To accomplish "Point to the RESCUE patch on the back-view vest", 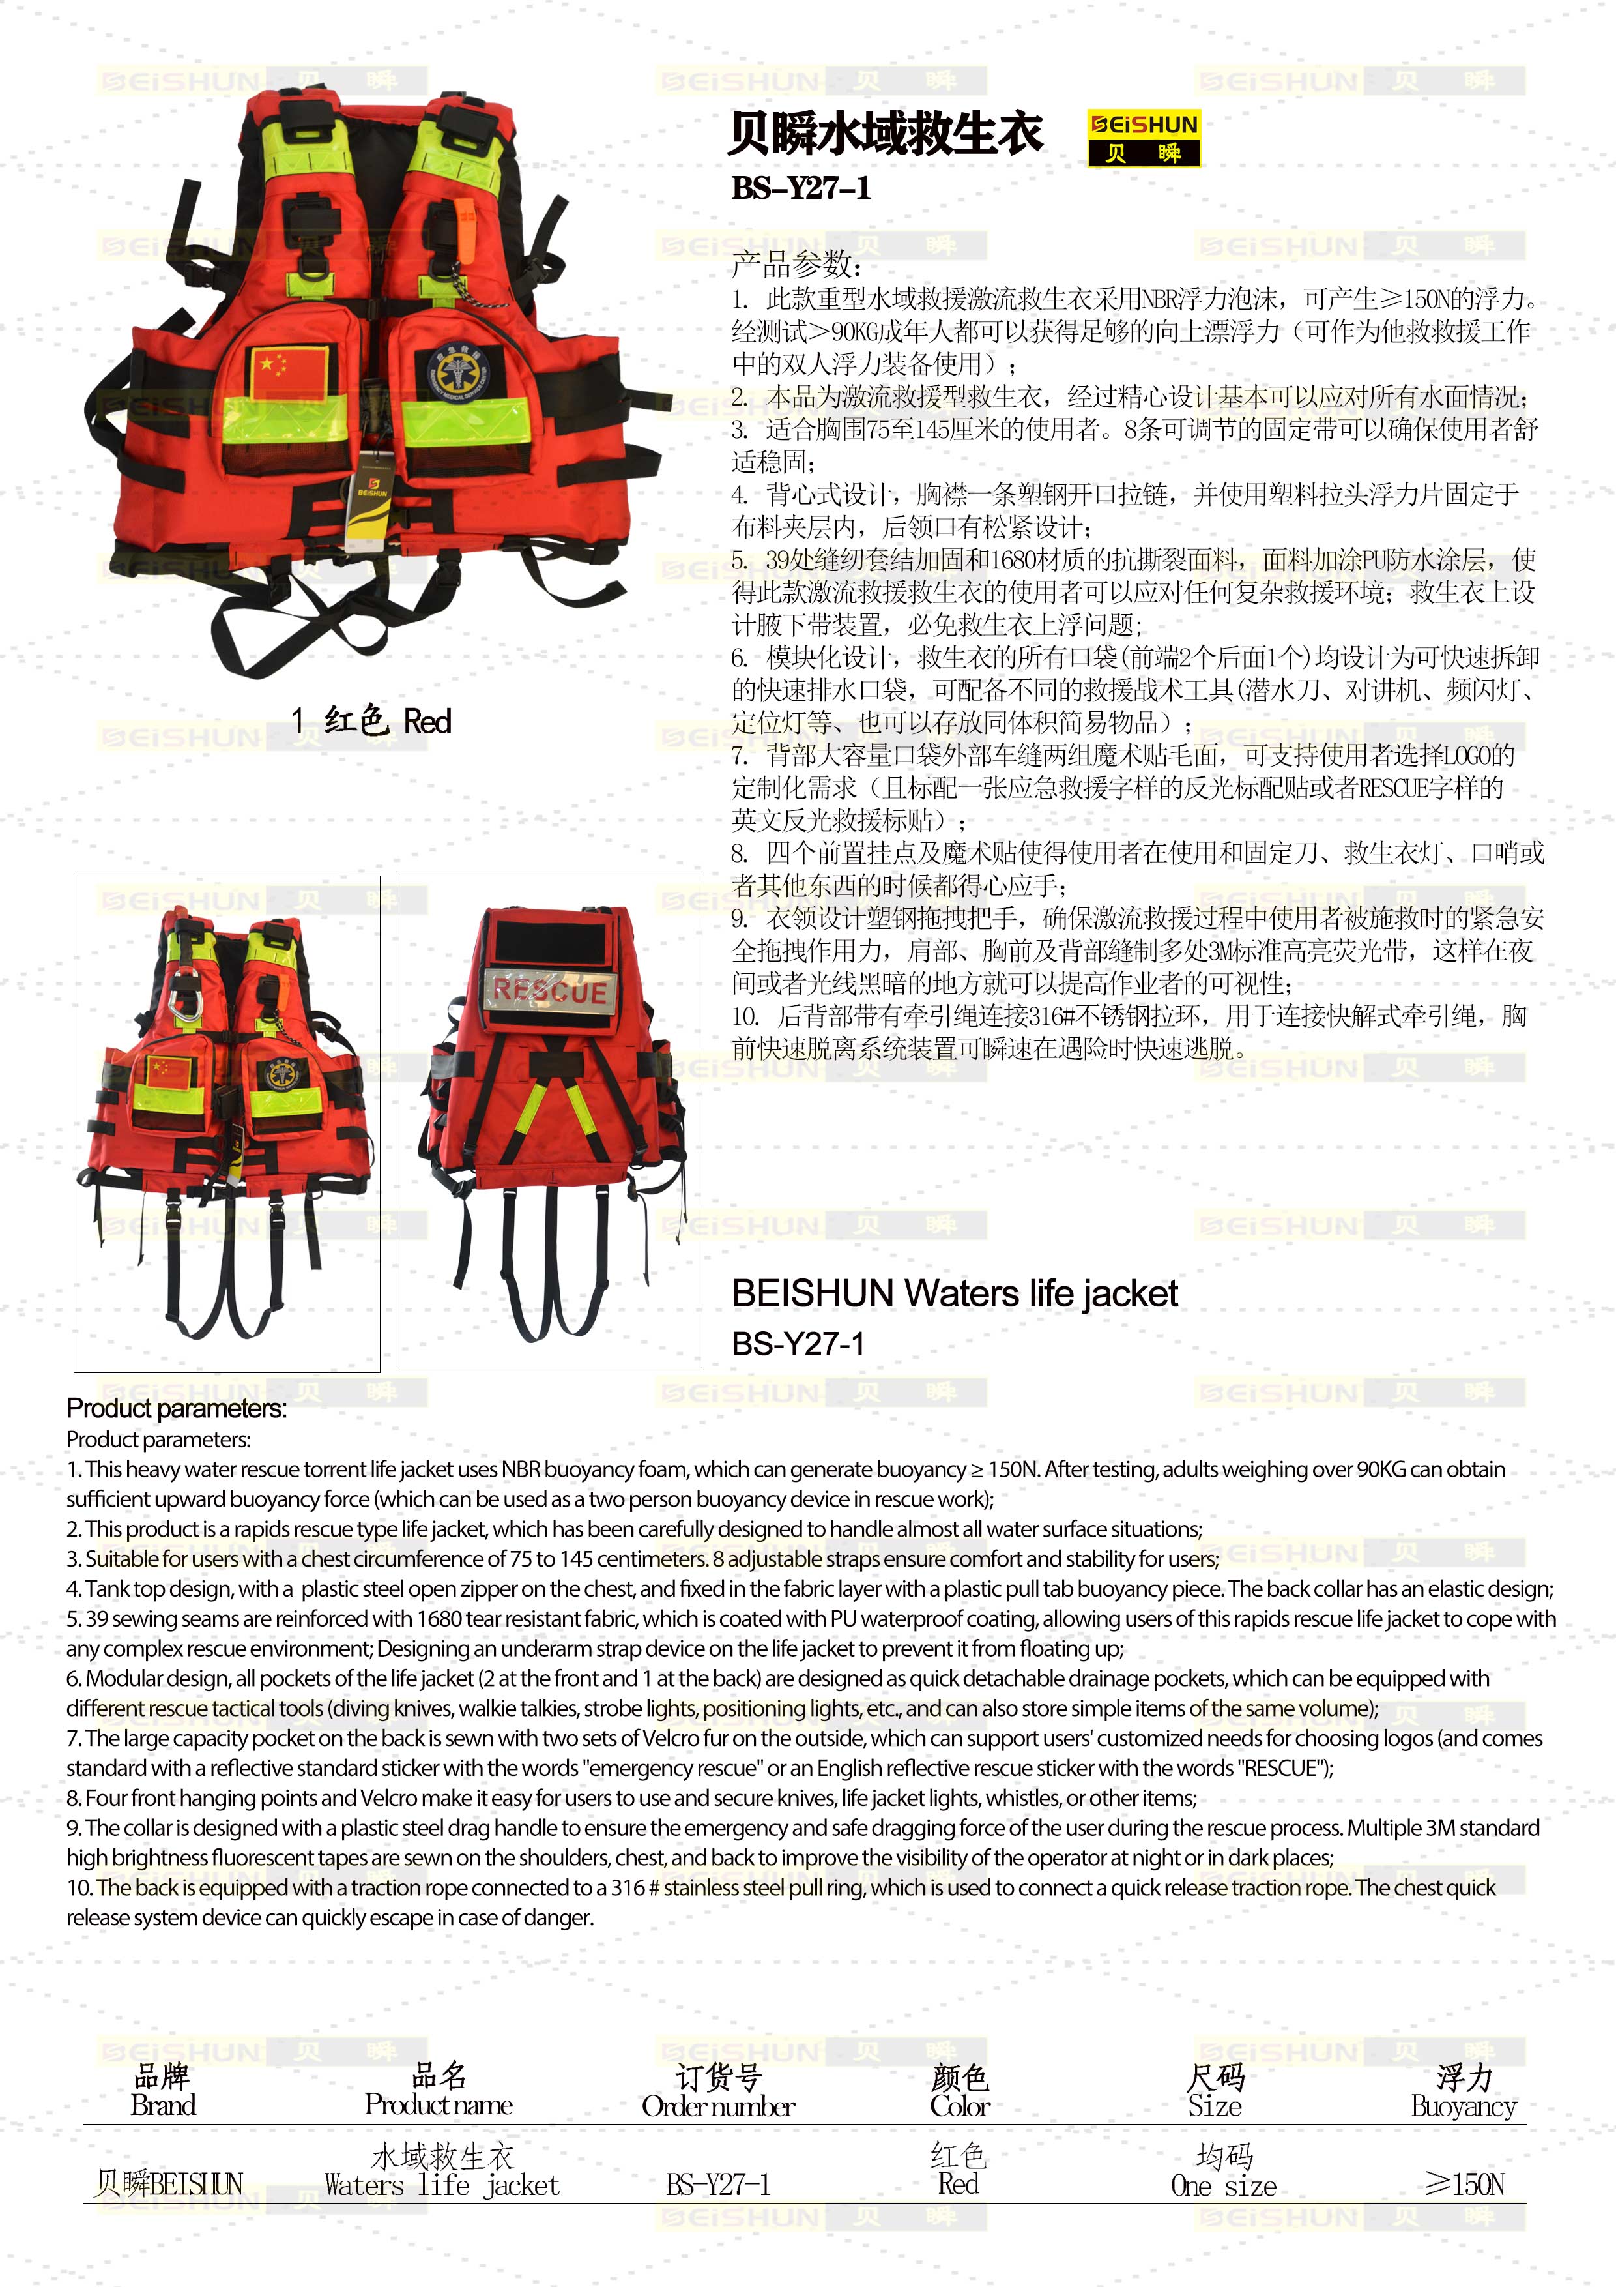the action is tap(549, 990).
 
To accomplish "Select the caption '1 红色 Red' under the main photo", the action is tap(370, 720).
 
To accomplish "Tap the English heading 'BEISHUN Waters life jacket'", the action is tap(954, 1293).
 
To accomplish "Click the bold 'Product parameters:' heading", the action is tap(176, 1408).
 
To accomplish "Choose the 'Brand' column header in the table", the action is tap(164, 2104).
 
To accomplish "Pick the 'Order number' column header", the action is tap(718, 2106).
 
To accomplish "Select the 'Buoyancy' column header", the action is tap(1463, 2106).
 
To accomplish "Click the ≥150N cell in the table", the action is tap(1464, 2185).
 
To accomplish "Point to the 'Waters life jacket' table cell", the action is tap(441, 2185).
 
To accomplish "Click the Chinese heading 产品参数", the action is tap(796, 264).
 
